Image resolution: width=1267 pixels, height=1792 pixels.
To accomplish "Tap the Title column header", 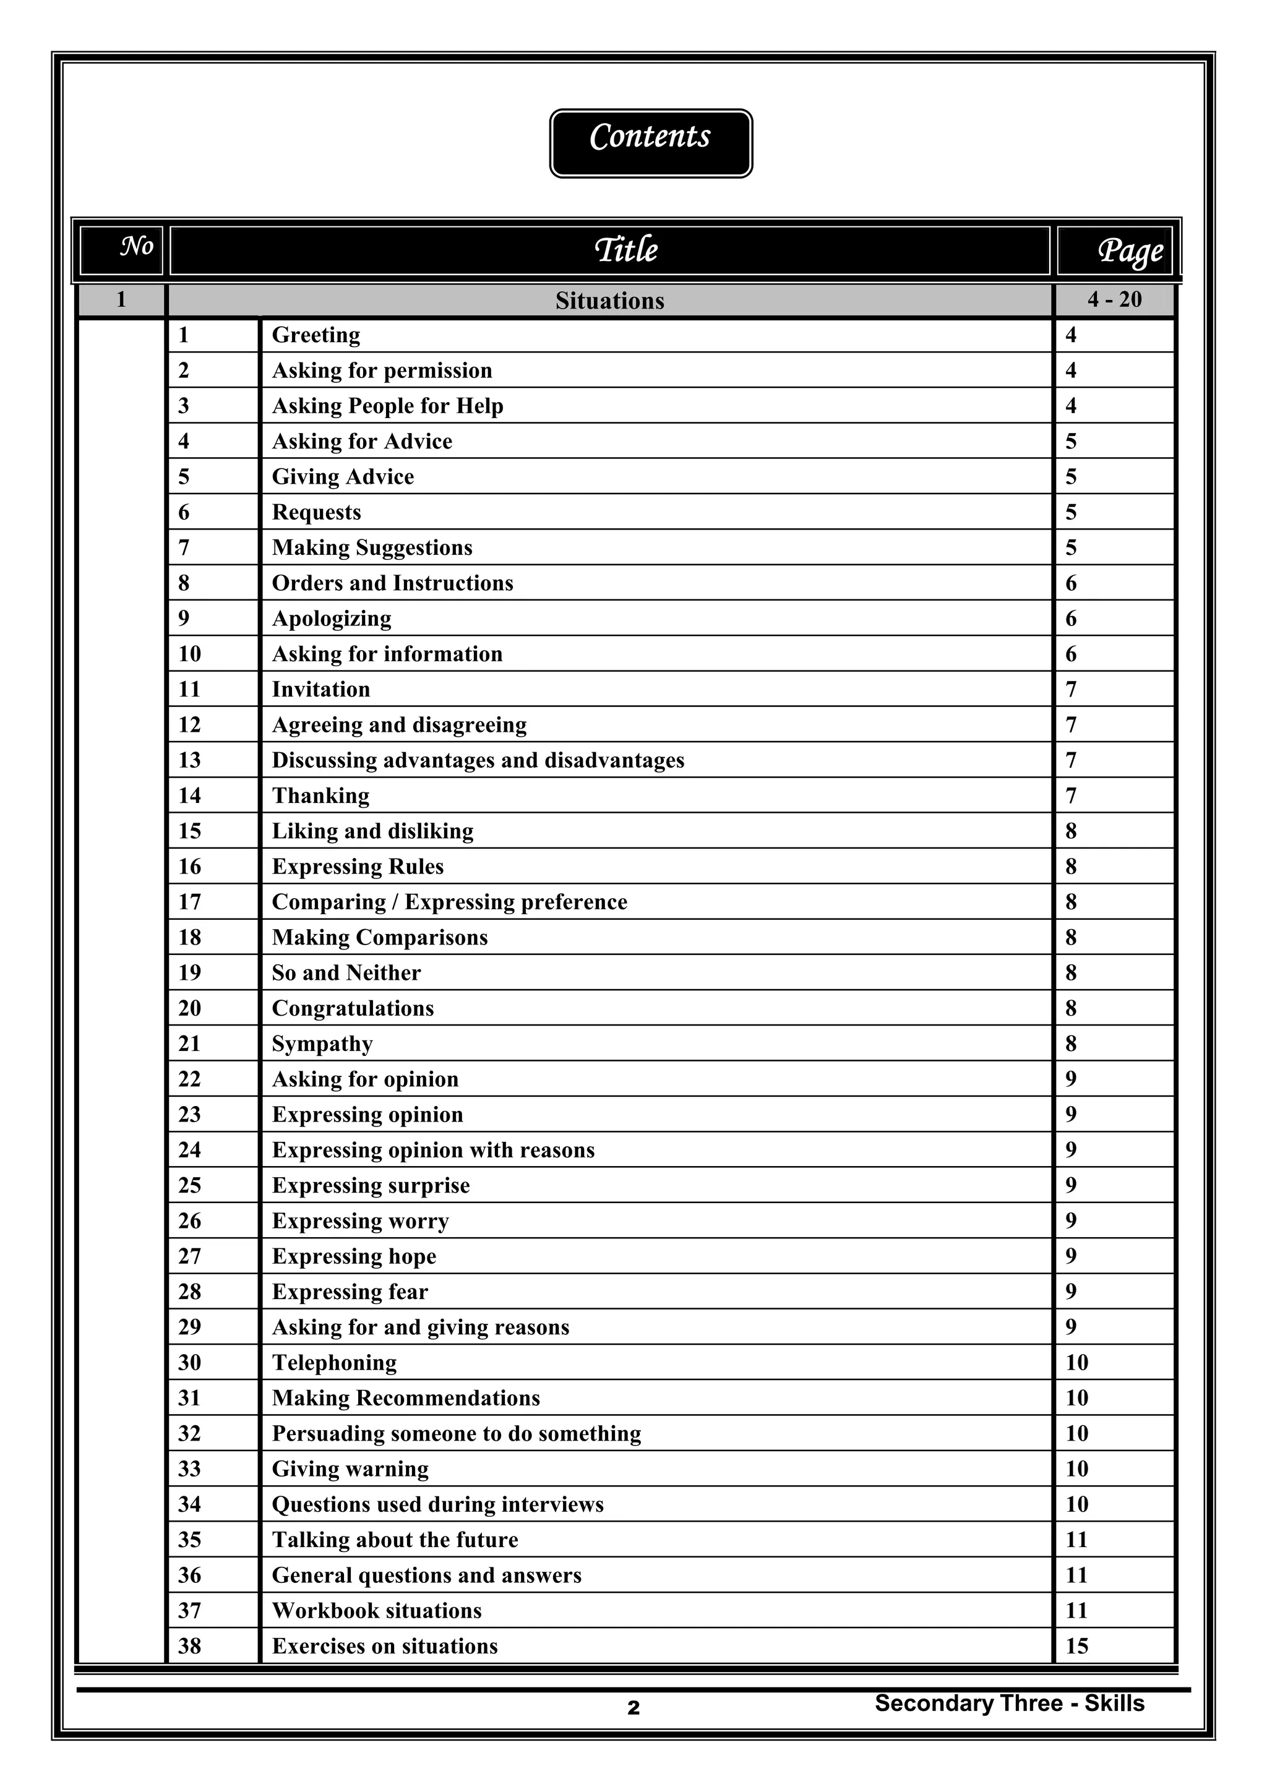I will (x=625, y=251).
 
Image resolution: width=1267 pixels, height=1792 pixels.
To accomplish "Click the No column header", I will (x=137, y=247).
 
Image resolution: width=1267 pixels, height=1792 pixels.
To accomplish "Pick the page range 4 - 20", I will (x=1114, y=300).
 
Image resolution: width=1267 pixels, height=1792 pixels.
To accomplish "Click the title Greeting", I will (x=316, y=335).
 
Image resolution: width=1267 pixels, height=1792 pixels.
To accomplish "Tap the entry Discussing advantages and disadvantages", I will (x=477, y=760).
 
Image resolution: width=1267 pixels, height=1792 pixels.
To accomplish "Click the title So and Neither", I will (x=346, y=972).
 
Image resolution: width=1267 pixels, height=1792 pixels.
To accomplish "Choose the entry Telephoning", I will (x=334, y=1363).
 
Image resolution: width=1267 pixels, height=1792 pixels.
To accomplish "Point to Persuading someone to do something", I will (x=456, y=1433).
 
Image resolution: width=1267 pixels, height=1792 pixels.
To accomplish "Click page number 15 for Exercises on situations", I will (x=1076, y=1646).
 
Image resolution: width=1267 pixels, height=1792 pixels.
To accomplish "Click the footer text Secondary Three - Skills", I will (x=1008, y=1703).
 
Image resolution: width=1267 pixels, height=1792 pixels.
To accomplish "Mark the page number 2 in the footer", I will (x=633, y=1708).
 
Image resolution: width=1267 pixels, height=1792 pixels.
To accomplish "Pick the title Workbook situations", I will (x=376, y=1610).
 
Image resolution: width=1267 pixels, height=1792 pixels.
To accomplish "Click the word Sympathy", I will (x=322, y=1044).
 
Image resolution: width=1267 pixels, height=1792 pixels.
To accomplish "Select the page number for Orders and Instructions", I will (x=1071, y=583).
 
